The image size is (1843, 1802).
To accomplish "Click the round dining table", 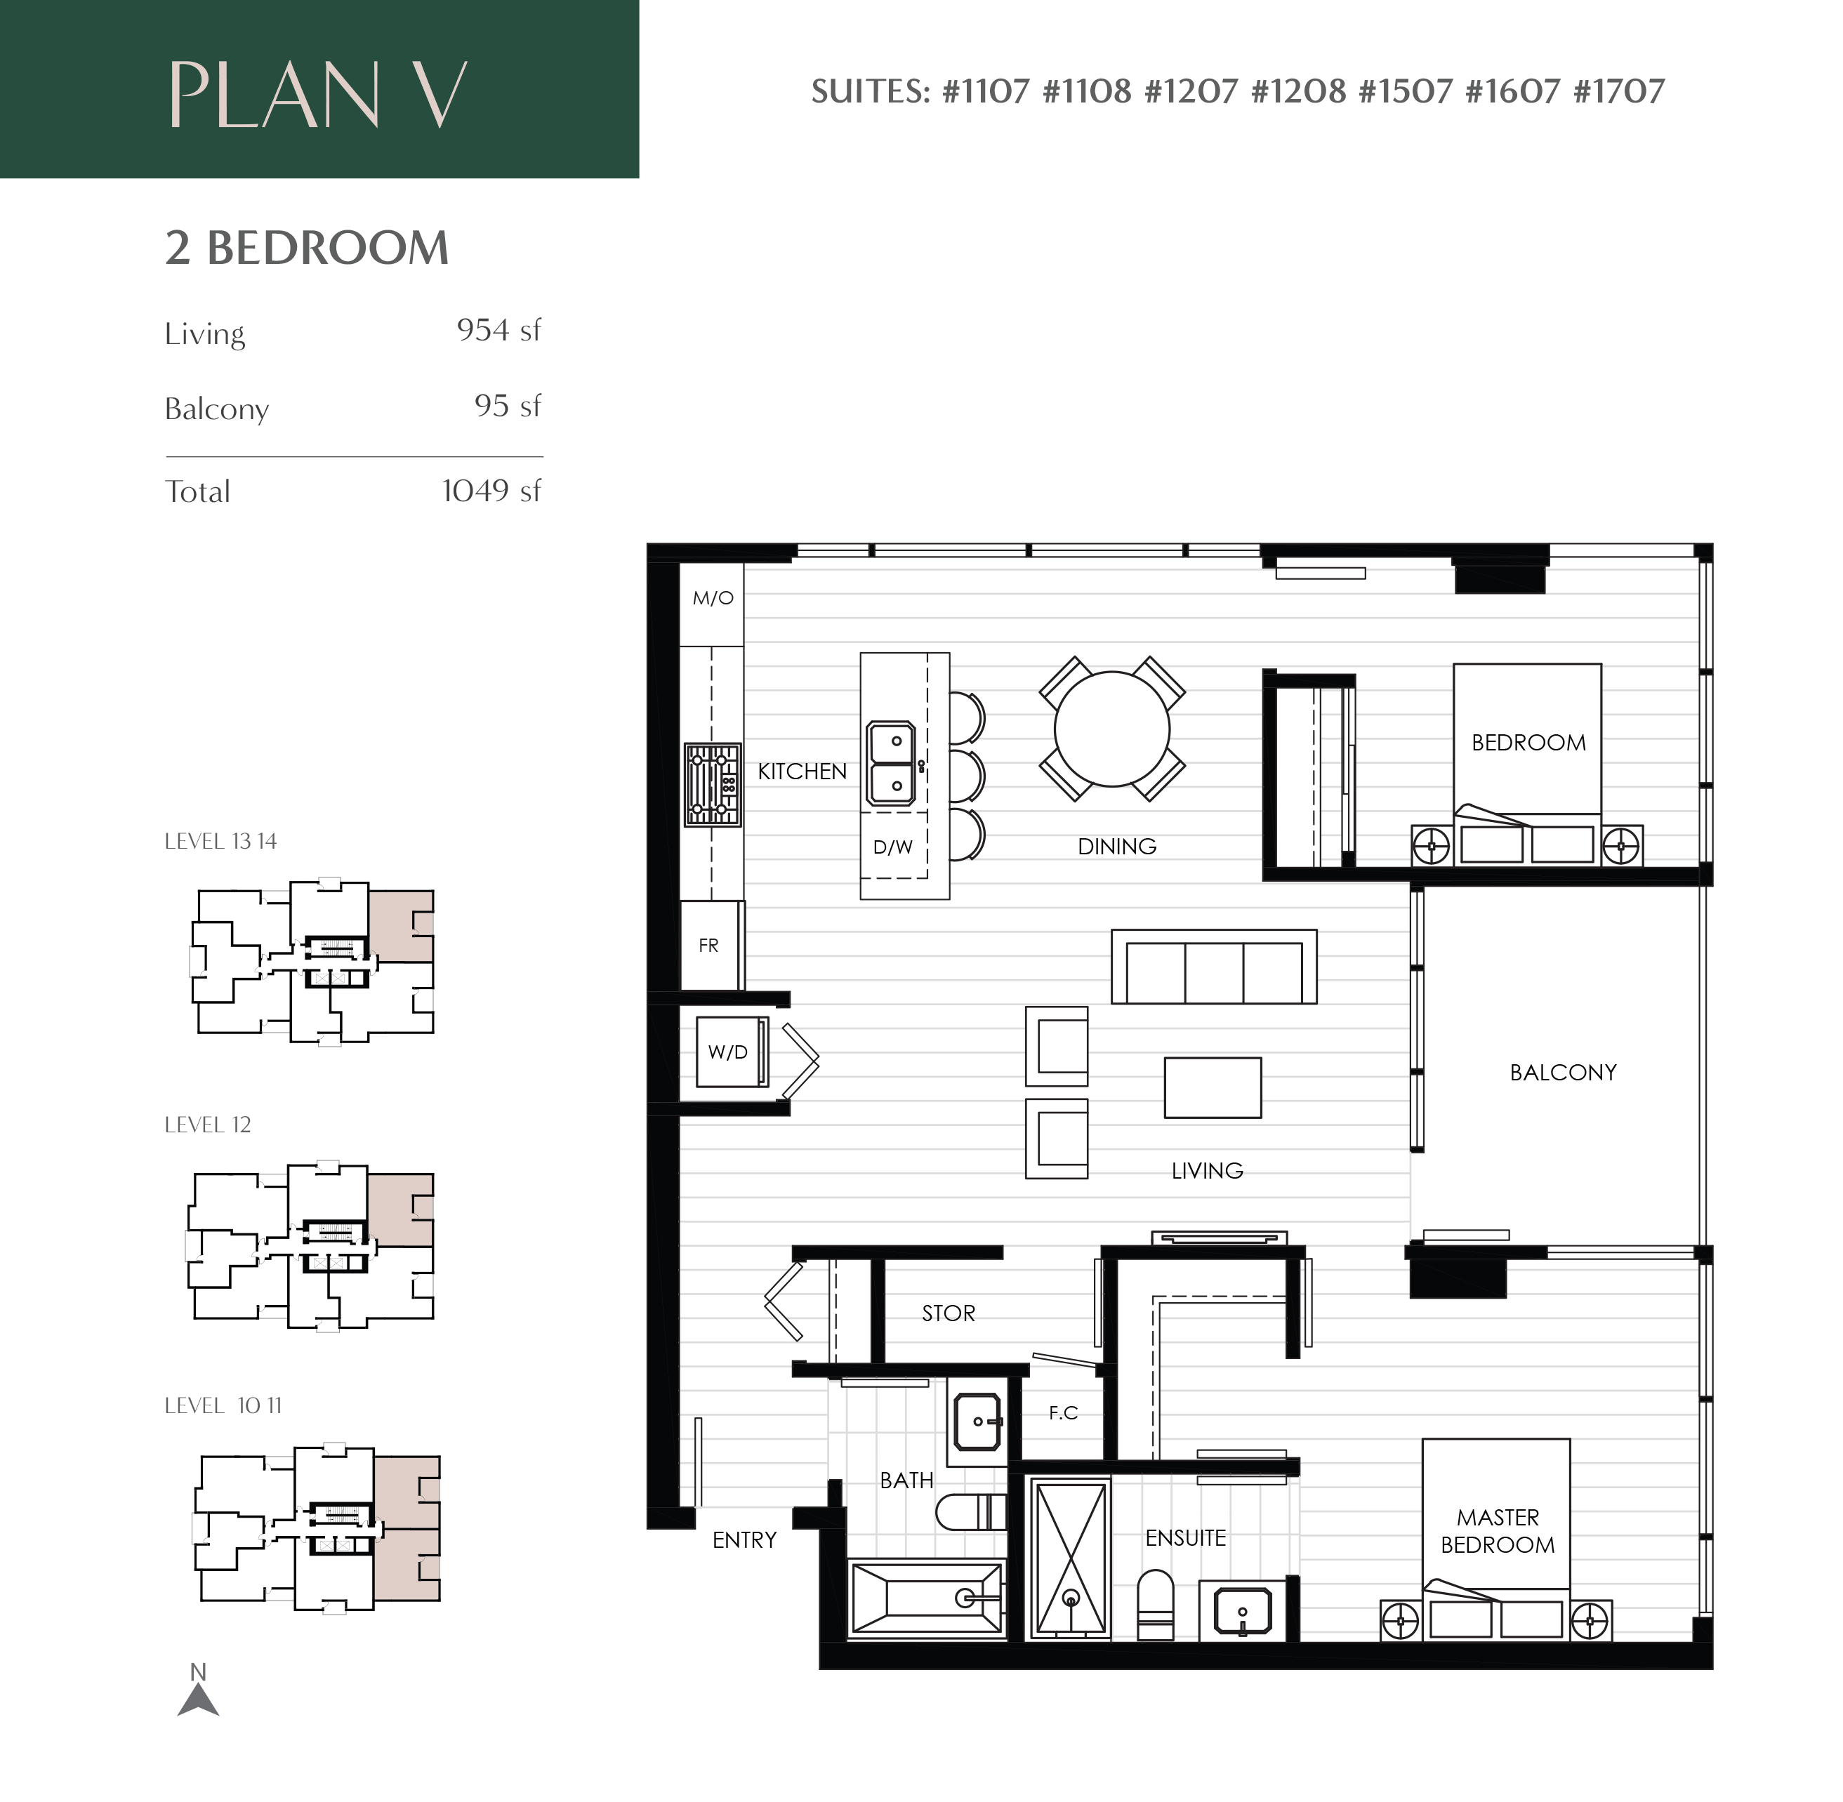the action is coord(1111,729).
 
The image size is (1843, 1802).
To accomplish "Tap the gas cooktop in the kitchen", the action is coord(713,785).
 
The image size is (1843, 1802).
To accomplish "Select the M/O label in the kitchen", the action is coord(713,598).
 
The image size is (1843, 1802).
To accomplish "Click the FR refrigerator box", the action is coord(711,945).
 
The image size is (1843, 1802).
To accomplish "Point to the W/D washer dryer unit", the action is coord(732,1052).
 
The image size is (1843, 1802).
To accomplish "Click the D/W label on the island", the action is coord(892,847).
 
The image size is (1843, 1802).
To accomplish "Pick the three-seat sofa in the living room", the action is coord(1213,967).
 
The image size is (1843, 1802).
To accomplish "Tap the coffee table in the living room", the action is coord(1213,1087).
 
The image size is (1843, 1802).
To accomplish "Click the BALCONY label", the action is coord(1563,1073).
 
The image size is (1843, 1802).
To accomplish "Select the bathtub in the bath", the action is coord(927,1598).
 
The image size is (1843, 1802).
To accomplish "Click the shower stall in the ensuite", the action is coord(1069,1559).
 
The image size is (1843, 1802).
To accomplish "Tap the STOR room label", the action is coord(949,1313).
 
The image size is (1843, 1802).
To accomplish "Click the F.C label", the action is coord(1063,1413).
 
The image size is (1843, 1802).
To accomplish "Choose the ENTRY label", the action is coord(744,1540).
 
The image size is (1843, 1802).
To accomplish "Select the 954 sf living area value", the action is coord(499,331).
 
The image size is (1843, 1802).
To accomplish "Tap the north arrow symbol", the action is coord(198,1690).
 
